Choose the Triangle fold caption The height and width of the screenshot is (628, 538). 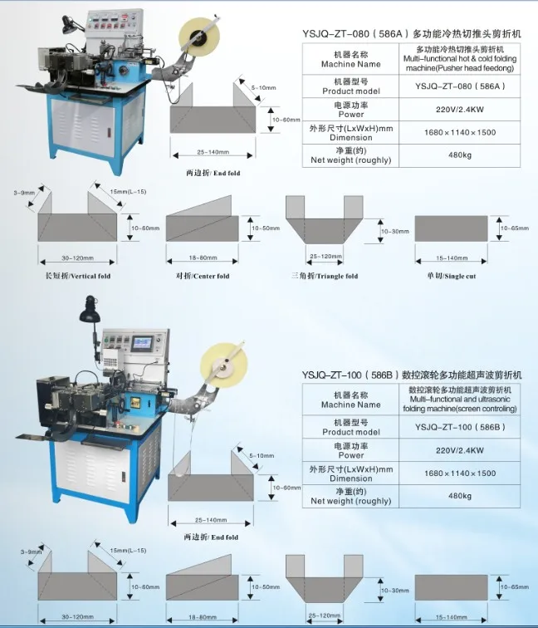click(325, 275)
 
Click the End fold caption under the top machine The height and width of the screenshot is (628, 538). click(212, 174)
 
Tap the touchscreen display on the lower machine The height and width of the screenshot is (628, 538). click(144, 344)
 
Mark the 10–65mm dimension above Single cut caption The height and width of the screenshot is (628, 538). click(514, 227)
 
